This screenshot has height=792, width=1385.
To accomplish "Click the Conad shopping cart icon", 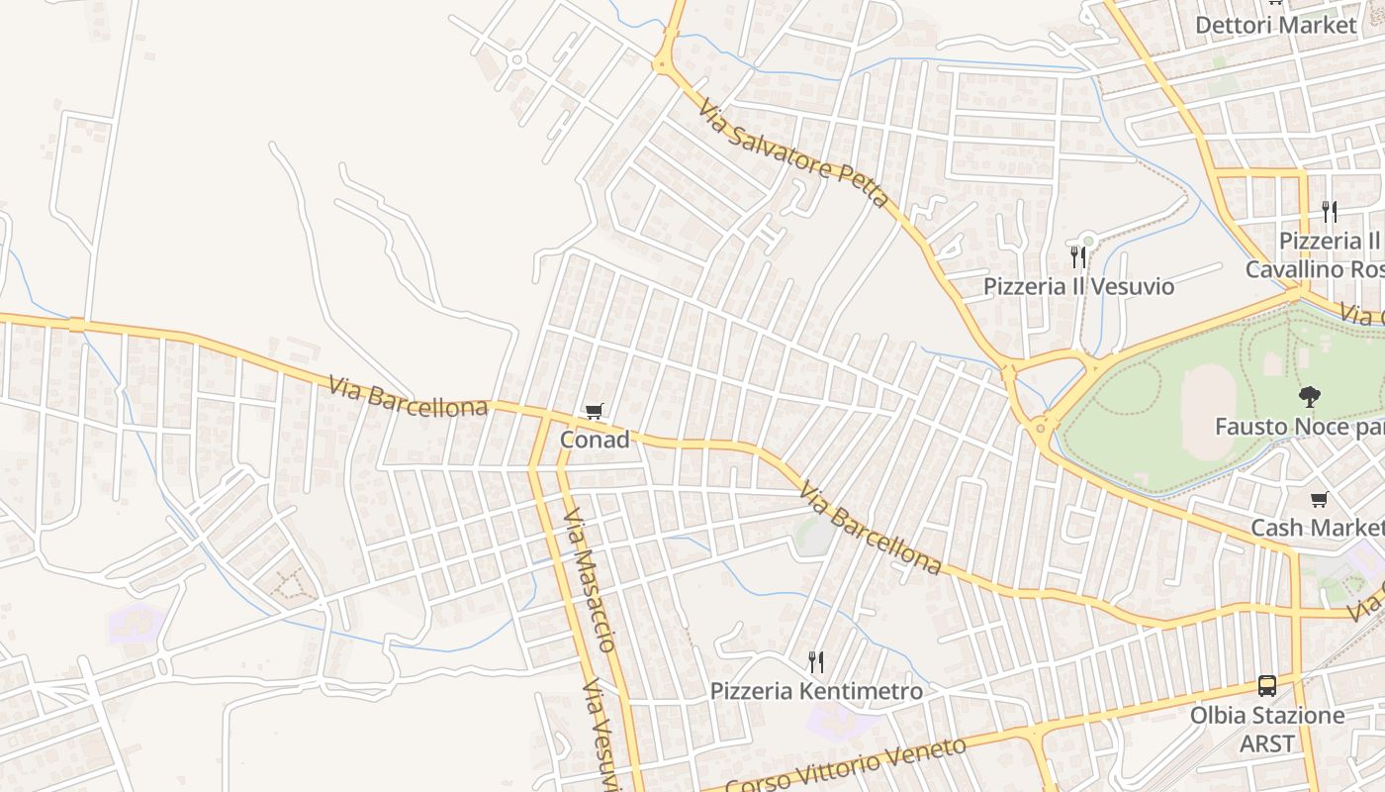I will click(x=595, y=411).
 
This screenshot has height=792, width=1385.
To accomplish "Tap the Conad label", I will click(x=595, y=440).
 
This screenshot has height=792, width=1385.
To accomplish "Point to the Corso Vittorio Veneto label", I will click(x=846, y=765).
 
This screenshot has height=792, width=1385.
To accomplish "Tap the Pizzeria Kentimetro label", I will click(x=816, y=691).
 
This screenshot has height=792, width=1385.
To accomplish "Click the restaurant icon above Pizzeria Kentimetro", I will click(x=816, y=661).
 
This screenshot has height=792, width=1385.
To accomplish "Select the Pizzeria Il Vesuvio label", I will click(x=1078, y=287).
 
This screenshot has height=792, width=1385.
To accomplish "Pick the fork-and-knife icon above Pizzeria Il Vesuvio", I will click(x=1078, y=257).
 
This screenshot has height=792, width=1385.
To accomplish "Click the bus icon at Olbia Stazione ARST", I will click(x=1267, y=685).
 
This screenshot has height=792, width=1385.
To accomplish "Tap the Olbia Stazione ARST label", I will click(x=1267, y=729).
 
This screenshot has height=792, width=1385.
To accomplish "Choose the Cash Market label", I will click(x=1317, y=528).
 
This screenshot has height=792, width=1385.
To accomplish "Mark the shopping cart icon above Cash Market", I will click(x=1319, y=499).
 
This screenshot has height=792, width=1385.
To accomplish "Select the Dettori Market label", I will click(x=1276, y=25).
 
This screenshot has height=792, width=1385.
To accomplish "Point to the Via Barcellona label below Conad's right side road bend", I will click(x=870, y=529).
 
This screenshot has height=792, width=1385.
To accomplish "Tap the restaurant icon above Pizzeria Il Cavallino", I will click(x=1330, y=212).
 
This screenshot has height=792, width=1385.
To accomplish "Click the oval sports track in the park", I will click(x=1209, y=412).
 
